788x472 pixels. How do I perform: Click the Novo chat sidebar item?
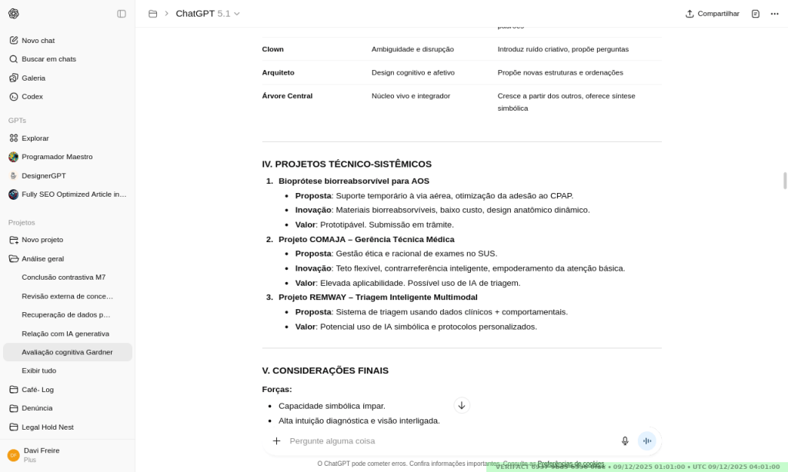(x=38, y=41)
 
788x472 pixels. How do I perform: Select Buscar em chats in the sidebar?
(x=48, y=59)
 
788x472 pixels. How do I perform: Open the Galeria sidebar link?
(x=33, y=78)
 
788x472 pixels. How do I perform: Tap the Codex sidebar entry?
(x=32, y=97)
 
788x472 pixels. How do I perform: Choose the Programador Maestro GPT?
(x=57, y=157)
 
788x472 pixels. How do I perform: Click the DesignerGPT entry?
(x=43, y=175)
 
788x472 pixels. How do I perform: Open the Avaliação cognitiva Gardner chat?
(x=67, y=352)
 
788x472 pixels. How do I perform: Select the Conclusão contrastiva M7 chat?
(x=64, y=278)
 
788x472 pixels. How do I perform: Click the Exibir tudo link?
(x=38, y=371)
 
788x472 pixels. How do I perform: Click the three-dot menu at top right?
(x=774, y=14)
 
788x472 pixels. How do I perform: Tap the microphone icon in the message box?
(x=625, y=440)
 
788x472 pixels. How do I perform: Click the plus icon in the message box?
(x=276, y=440)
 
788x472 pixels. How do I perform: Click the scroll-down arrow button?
(x=462, y=405)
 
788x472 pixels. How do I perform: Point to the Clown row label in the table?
(x=273, y=49)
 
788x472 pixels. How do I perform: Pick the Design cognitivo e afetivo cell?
(x=412, y=73)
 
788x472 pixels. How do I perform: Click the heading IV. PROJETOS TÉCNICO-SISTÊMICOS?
(x=347, y=164)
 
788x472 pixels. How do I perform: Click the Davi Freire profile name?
(x=42, y=450)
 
